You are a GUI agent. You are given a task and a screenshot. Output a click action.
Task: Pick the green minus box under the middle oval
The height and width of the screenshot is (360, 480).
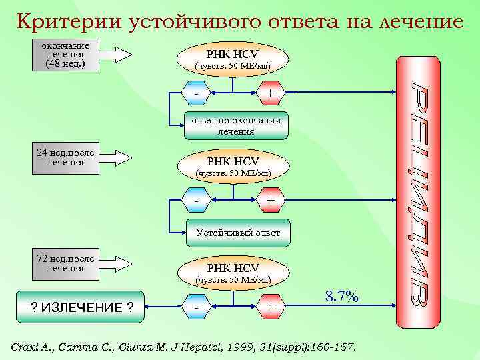pos(196,200)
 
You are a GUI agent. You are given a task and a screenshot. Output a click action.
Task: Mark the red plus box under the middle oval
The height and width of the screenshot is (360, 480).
pos(270,200)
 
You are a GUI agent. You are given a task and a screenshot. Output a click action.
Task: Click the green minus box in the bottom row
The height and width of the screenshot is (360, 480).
pos(196,307)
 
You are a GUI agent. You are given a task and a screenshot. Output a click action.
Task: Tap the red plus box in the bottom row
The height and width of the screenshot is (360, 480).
pos(270,307)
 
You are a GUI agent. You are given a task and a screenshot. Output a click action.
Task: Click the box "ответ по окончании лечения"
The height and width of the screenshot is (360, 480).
pos(237,126)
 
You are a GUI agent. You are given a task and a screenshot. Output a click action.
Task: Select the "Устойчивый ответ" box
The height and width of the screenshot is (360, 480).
pos(237,233)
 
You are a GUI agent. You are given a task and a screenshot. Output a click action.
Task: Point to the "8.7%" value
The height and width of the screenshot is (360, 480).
pos(342,297)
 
